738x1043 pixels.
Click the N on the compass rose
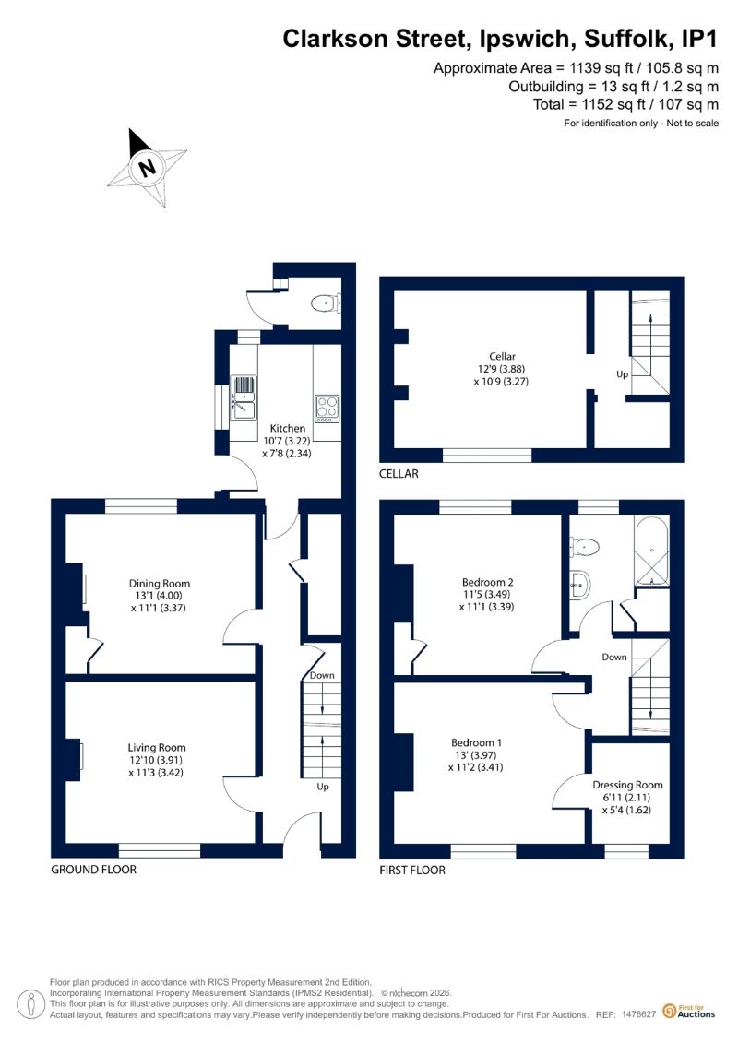click(x=147, y=166)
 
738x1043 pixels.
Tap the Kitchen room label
click(x=288, y=429)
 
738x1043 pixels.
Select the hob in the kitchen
click(x=327, y=409)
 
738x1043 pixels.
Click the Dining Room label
click(x=159, y=584)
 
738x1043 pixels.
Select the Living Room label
click(x=157, y=748)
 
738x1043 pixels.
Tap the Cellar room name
click(x=503, y=357)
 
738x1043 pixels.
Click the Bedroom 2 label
click(x=488, y=582)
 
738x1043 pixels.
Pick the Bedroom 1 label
click(x=477, y=742)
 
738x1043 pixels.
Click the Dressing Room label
click(x=627, y=785)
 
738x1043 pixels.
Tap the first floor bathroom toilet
click(x=585, y=547)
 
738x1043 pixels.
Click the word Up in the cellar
click(x=622, y=374)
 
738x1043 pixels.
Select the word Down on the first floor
click(x=614, y=657)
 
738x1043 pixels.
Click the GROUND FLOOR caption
click(x=94, y=870)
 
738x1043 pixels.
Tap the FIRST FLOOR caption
click(x=412, y=870)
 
